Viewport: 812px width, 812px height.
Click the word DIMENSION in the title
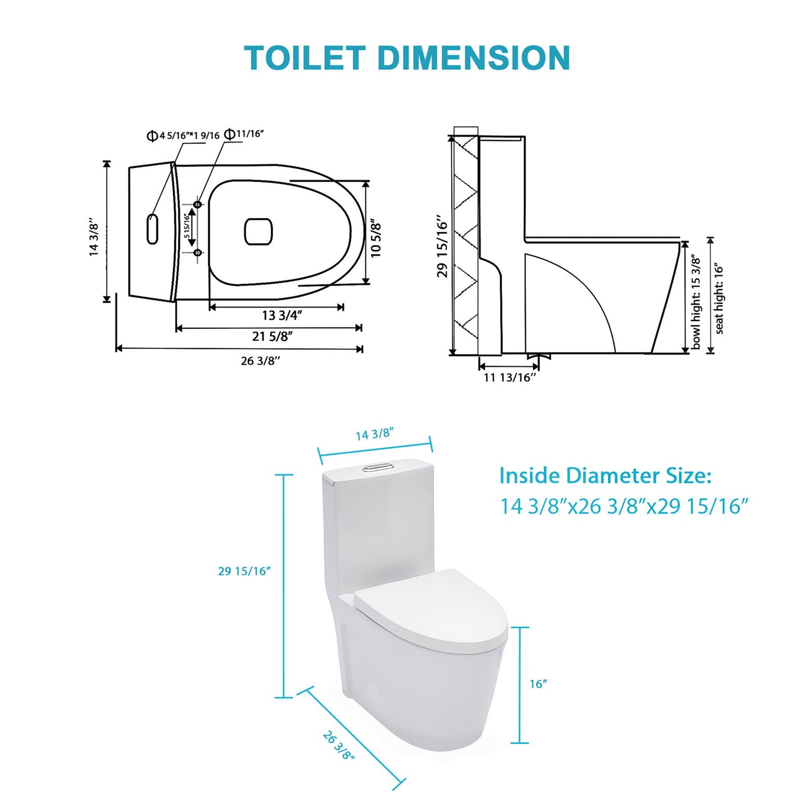[x=473, y=58]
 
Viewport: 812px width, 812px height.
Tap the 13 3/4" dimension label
[x=282, y=315]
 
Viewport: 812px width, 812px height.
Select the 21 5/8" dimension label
[x=273, y=336]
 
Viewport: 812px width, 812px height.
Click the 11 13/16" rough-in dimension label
[x=510, y=378]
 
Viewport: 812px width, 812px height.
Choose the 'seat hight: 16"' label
[x=719, y=300]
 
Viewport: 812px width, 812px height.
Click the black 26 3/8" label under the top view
[x=260, y=361]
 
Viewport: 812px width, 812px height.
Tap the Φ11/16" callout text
[x=244, y=134]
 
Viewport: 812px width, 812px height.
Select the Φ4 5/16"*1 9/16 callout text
[x=183, y=135]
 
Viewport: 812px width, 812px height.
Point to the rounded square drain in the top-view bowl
[x=258, y=232]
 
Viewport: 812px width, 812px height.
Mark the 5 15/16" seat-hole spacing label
[x=186, y=226]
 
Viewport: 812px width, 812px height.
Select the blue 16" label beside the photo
[x=538, y=684]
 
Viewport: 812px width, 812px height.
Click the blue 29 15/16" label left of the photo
[x=244, y=571]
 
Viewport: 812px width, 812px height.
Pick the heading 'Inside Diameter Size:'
[x=605, y=476]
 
